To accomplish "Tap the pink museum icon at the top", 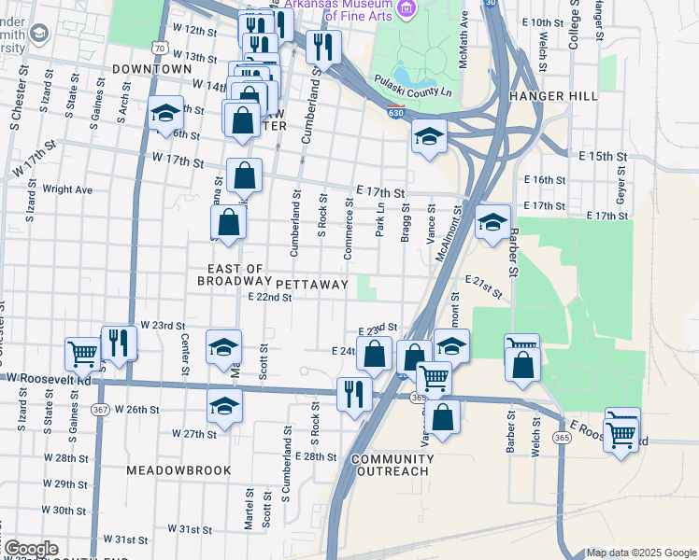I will click(x=406, y=9).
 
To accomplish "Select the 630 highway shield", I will click(x=396, y=112).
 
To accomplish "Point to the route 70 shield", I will click(x=162, y=48).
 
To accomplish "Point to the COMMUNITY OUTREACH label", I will click(x=390, y=465).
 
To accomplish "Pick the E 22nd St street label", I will click(x=270, y=298).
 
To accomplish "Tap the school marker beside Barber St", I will click(x=492, y=222).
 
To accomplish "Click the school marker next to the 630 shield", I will click(x=430, y=136).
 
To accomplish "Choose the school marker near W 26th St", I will click(x=224, y=405).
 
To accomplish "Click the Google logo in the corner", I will click(x=31, y=549).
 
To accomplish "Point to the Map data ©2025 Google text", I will click(x=639, y=553).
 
